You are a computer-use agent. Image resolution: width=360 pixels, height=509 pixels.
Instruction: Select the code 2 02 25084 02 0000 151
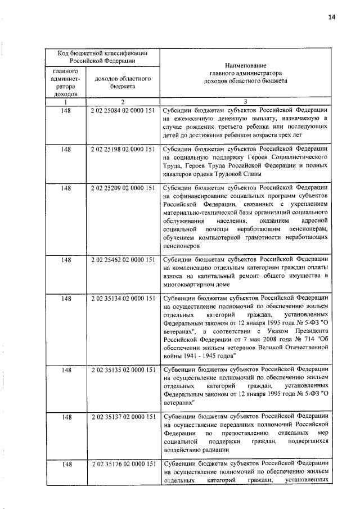[x=121, y=111]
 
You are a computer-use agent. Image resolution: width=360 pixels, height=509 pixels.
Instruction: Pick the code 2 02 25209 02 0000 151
[x=121, y=187]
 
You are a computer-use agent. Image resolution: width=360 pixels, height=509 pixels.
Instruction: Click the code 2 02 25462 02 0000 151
[x=121, y=260]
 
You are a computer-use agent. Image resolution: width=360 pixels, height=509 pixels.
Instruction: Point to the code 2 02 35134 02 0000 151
[x=121, y=298]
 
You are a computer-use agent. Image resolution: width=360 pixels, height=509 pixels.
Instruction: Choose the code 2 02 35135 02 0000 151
[x=121, y=371]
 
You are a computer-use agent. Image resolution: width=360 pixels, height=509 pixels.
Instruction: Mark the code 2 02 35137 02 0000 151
[x=121, y=417]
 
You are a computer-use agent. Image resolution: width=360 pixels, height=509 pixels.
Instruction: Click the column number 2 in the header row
[x=121, y=101]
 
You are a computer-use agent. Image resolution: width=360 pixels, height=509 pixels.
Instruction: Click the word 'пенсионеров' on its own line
[x=181, y=246]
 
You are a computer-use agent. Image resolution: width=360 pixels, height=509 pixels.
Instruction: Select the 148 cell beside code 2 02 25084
[x=65, y=111]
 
